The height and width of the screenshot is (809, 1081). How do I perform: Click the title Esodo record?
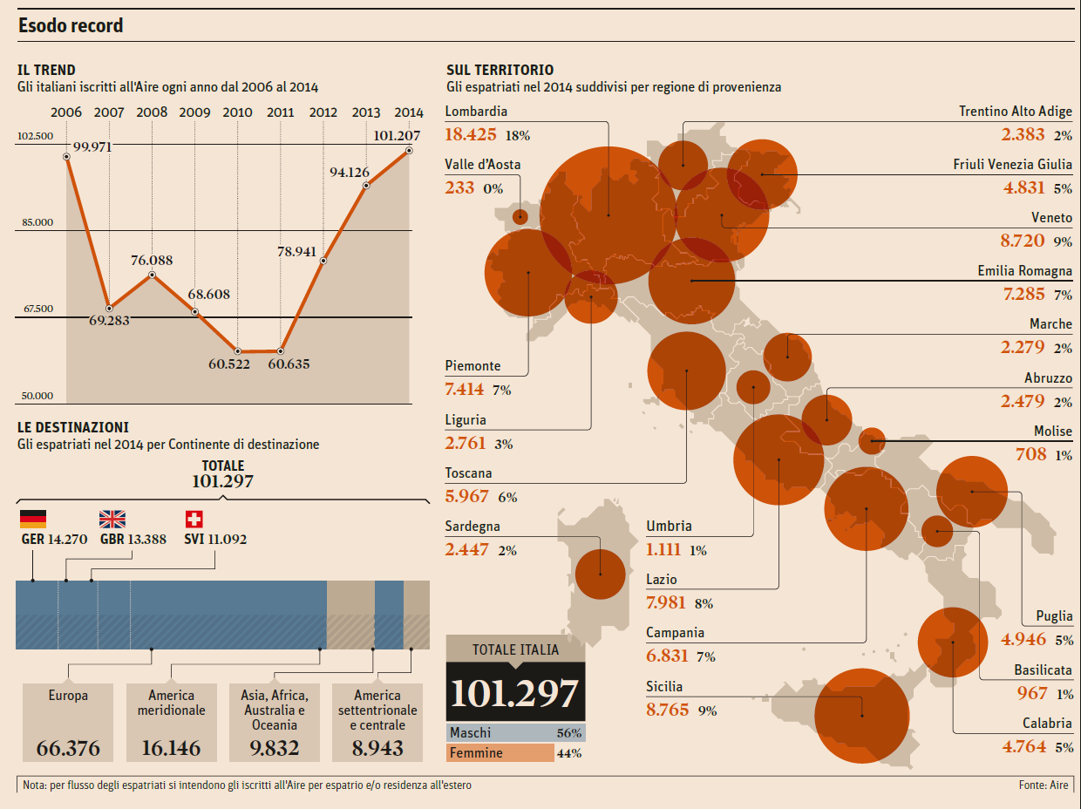click(71, 25)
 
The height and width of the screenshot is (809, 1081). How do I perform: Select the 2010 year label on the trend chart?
click(237, 112)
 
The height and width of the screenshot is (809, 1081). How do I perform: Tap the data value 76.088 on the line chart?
click(153, 260)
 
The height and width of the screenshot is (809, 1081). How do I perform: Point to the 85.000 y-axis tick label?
click(37, 222)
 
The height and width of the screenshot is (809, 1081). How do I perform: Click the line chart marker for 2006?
click(67, 156)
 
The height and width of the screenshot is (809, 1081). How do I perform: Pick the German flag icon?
click(33, 520)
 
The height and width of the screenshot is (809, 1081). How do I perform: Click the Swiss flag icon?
click(194, 520)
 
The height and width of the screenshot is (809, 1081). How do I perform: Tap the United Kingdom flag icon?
click(112, 520)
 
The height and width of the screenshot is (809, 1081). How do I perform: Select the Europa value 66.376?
click(68, 748)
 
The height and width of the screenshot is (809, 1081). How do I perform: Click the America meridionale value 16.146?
click(171, 748)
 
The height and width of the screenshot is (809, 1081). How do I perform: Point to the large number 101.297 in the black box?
click(515, 692)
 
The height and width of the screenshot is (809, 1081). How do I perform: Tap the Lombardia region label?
click(476, 112)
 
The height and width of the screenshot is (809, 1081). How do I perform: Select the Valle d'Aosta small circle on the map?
click(520, 217)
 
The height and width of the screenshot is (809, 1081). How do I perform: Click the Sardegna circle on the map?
click(601, 574)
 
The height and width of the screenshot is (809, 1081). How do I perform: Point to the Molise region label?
click(1053, 432)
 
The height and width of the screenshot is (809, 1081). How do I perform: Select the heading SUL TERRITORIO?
click(500, 70)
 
